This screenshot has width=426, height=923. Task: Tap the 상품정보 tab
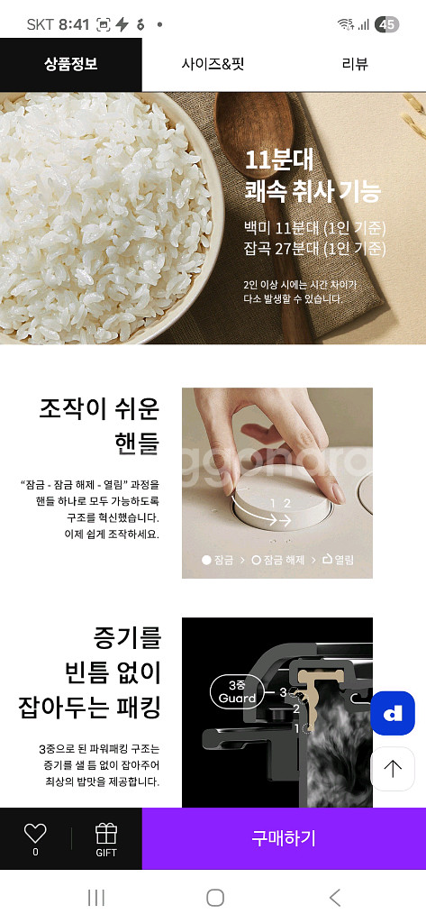point(70,64)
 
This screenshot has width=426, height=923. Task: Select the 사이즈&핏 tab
point(213,64)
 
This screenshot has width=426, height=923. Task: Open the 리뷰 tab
point(355,64)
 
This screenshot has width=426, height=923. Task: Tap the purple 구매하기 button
point(284,838)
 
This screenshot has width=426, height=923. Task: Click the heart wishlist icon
point(35,834)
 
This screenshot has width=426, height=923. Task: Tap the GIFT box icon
point(106,834)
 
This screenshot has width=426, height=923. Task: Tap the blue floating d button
point(393,713)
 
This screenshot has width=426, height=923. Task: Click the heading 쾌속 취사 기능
point(313,191)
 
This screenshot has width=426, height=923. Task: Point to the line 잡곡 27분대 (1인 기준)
point(314,248)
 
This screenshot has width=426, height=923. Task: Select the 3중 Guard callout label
point(238,691)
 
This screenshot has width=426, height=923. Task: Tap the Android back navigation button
point(335,897)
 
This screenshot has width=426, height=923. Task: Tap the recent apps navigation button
point(95,897)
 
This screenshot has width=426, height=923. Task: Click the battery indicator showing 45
point(387,24)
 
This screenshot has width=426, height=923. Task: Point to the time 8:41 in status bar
point(73,24)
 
